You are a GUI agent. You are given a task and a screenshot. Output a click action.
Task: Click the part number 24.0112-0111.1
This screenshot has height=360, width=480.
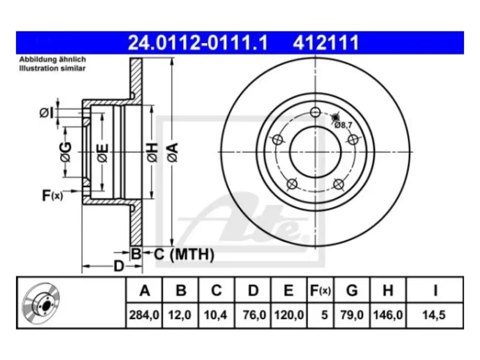pyautogui.click(x=197, y=43)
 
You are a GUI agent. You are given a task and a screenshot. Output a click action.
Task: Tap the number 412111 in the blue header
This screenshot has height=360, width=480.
pyautogui.click(x=326, y=43)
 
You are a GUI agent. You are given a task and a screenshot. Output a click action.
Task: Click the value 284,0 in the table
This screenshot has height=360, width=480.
pyautogui.click(x=144, y=315)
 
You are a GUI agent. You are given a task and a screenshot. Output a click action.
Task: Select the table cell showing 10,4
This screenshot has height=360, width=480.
pyautogui.click(x=216, y=315)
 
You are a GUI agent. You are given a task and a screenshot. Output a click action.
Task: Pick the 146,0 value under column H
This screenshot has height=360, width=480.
pyautogui.click(x=388, y=315)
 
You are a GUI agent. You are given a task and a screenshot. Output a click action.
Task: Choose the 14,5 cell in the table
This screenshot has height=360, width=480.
pyautogui.click(x=434, y=315)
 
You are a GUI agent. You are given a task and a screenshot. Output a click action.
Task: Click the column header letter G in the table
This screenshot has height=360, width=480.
pyautogui.click(x=352, y=290)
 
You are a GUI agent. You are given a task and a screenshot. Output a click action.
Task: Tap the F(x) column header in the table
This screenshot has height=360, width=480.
pyautogui.click(x=320, y=290)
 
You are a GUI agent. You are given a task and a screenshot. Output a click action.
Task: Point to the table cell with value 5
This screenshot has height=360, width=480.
pyautogui.click(x=324, y=315)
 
